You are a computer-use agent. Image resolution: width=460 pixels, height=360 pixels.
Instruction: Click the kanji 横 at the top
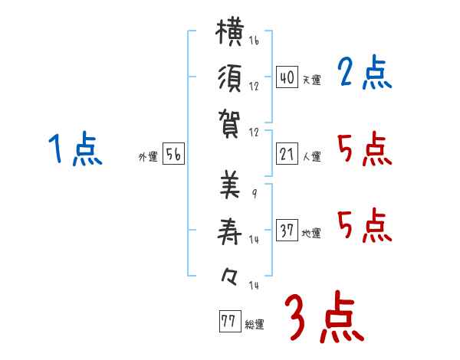point(230,31)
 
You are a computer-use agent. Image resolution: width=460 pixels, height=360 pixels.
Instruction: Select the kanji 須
point(230,78)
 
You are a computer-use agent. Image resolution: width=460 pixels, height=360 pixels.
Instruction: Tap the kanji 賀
point(230,124)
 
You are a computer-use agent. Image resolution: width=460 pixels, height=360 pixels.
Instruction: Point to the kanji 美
point(230,185)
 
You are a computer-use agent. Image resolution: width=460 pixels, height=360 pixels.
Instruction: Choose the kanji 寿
point(230,231)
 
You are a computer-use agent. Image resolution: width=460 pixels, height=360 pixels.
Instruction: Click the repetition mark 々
point(229,277)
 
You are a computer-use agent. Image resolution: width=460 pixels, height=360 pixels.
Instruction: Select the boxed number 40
point(287,77)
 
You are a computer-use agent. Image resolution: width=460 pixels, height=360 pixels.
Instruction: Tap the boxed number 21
point(287,154)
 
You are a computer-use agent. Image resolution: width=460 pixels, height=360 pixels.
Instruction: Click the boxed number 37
point(287,230)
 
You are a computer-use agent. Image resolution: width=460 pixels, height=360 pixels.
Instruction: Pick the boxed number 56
point(174,154)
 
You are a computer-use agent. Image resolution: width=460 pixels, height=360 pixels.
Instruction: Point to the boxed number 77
point(230,321)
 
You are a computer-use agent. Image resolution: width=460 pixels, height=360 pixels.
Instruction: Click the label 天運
point(312,80)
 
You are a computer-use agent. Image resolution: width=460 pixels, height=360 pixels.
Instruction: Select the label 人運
point(312,156)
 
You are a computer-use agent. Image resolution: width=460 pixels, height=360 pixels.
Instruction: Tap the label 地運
point(311,233)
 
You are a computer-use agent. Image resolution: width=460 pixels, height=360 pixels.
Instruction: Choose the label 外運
point(148,156)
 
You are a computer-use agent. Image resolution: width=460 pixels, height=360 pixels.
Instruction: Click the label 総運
point(255,324)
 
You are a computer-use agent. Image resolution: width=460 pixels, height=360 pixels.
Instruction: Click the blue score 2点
point(365,71)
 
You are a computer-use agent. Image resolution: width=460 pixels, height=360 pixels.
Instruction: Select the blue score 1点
point(75,149)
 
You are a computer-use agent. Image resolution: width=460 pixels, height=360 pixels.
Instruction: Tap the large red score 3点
point(325,317)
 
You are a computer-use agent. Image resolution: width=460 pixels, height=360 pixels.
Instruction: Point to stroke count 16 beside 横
point(254,41)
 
